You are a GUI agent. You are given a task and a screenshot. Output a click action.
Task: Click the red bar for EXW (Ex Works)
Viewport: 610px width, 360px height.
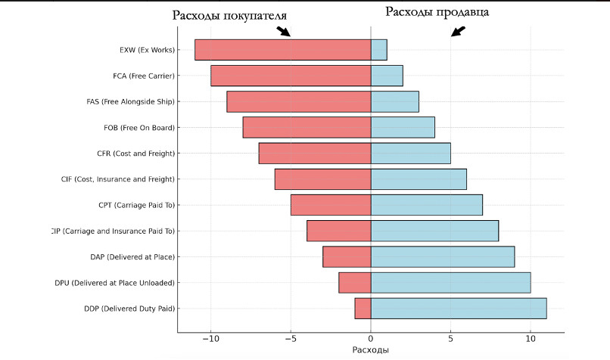282,50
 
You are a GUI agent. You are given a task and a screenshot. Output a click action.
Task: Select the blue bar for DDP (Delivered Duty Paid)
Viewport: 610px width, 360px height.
459,309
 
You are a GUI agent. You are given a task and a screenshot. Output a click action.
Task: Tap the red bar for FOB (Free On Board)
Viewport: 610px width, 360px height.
307,128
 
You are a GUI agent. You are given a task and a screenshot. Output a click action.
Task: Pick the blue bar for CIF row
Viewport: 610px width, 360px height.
419,179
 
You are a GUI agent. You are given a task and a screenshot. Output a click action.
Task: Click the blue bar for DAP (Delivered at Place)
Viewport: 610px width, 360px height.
443,257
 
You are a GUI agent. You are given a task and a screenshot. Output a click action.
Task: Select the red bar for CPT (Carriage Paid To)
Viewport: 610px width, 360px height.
331,205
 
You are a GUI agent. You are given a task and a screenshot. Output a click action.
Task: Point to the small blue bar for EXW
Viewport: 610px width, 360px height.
379,50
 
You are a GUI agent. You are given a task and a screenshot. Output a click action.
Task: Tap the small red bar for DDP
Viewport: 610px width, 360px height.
363,309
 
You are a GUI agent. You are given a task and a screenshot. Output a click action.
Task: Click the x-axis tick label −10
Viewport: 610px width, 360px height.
210,339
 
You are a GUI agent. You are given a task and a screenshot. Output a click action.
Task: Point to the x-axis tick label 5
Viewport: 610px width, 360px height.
450,339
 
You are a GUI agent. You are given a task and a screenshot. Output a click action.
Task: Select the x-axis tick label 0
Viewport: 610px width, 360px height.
371,339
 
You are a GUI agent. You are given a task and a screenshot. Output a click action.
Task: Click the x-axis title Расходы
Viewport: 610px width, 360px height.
371,351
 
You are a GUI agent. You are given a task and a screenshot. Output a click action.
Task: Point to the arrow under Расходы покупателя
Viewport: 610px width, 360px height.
283,32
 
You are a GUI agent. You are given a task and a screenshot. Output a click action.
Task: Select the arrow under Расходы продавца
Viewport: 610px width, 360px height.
458,31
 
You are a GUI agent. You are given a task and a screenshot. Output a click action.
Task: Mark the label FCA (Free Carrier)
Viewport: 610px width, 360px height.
144,76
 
